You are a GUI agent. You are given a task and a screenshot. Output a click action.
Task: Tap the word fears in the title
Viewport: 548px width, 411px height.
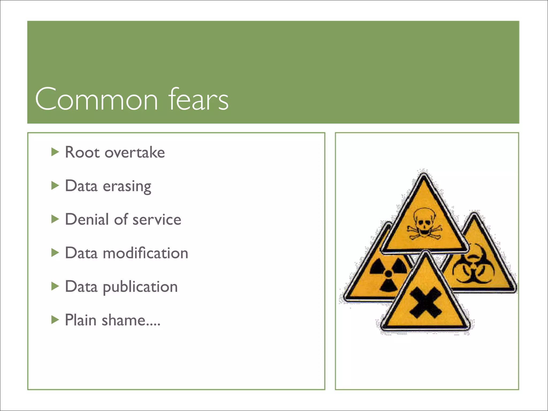pyautogui.click(x=198, y=99)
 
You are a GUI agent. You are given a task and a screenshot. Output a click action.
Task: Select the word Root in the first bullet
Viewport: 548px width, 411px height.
pyautogui.click(x=82, y=153)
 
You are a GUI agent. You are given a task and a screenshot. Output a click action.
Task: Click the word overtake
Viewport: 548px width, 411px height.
pyautogui.click(x=135, y=153)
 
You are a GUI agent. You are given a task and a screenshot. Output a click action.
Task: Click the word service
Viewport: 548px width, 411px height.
pyautogui.click(x=157, y=220)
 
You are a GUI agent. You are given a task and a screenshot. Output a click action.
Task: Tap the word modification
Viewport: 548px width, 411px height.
pyautogui.click(x=145, y=253)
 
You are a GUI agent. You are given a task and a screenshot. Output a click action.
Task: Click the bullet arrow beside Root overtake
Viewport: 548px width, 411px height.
pyautogui.click(x=55, y=152)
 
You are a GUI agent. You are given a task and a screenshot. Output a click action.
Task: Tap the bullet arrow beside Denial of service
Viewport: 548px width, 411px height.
pyautogui.click(x=55, y=219)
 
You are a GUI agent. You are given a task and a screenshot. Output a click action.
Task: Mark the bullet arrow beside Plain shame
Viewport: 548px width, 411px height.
pyautogui.click(x=55, y=320)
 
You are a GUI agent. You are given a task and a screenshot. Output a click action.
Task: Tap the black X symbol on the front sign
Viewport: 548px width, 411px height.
pyautogui.click(x=425, y=303)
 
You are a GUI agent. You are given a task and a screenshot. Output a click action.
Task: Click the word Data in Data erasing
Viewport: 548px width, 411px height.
pyautogui.click(x=81, y=186)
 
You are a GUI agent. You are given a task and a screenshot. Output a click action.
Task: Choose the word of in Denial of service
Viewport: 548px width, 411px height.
pyautogui.click(x=121, y=219)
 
